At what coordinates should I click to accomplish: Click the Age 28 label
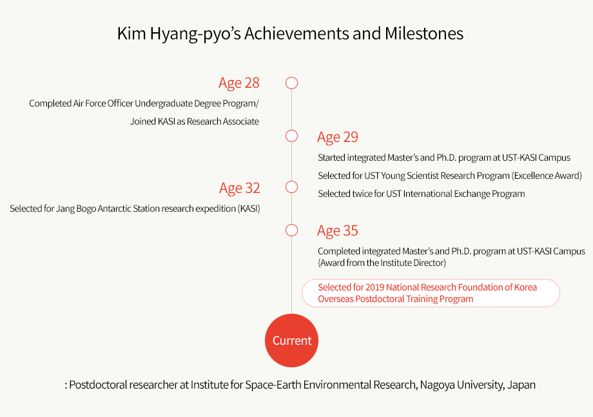239,83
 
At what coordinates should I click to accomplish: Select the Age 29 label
338,137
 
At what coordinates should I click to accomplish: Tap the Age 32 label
239,188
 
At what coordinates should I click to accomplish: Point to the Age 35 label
338,230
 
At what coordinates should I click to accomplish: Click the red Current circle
291,340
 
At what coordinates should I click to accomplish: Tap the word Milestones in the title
424,34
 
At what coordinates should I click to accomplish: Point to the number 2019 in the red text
374,287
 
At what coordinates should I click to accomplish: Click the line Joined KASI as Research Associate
195,121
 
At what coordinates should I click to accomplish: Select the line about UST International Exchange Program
422,194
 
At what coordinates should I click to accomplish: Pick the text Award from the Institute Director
382,263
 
